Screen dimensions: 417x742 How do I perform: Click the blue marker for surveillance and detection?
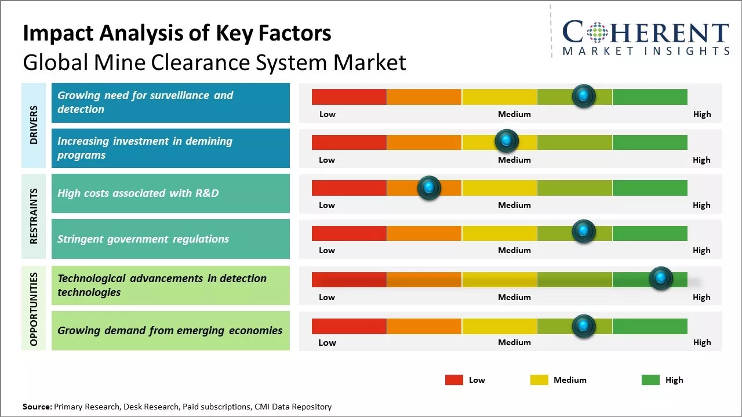[584, 96]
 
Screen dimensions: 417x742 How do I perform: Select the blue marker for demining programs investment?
[507, 141]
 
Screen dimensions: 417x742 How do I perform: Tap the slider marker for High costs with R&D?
[429, 188]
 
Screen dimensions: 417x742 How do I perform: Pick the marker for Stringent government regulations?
[584, 232]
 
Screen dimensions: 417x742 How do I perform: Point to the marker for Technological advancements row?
[660, 279]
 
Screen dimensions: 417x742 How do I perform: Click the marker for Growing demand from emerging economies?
[584, 326]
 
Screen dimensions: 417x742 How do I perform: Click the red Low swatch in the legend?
[454, 380]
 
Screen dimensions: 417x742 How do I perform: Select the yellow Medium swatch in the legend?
[539, 380]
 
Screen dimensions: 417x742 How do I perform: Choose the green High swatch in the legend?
[650, 380]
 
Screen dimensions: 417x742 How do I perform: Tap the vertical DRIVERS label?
[33, 125]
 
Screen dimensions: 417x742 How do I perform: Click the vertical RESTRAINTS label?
[33, 215]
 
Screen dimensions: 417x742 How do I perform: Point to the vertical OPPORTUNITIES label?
[33, 309]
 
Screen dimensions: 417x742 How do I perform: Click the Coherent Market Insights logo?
[645, 38]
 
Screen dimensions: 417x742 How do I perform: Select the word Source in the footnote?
[37, 407]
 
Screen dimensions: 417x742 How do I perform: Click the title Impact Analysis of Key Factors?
[177, 34]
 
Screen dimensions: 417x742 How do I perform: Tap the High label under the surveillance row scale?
[701, 114]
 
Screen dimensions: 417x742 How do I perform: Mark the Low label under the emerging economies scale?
[327, 342]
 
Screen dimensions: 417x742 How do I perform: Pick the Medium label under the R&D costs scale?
[514, 205]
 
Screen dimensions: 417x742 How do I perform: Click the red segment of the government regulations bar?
[349, 233]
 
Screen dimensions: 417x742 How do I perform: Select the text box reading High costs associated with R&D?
[170, 193]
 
